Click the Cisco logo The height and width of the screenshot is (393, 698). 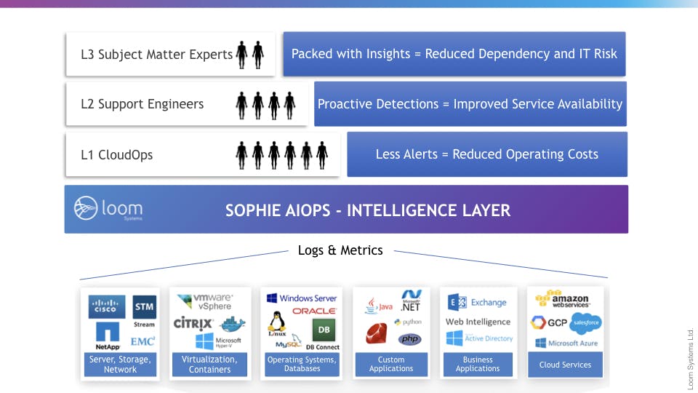pyautogui.click(x=108, y=307)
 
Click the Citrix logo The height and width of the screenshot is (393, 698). pyautogui.click(x=193, y=323)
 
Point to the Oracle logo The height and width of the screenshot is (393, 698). pyautogui.click(x=314, y=311)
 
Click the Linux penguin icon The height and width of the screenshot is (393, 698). pyautogui.click(x=276, y=323)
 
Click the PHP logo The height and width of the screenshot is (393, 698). pyautogui.click(x=409, y=339)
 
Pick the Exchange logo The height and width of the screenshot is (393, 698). pyautogui.click(x=478, y=303)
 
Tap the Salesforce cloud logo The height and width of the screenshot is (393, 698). pyautogui.click(x=585, y=322)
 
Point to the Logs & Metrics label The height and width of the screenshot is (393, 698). pyautogui.click(x=340, y=250)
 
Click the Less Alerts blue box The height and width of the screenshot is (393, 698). pyautogui.click(x=486, y=154)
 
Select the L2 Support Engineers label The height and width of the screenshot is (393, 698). pyautogui.click(x=143, y=104)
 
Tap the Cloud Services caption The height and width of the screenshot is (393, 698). pyautogui.click(x=565, y=365)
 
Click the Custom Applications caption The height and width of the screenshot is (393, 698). pyautogui.click(x=391, y=364)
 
